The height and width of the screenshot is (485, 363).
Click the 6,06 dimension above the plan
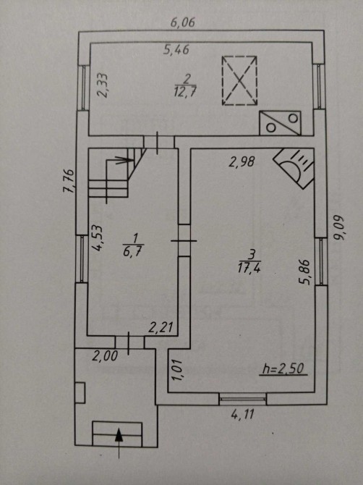click(183, 22)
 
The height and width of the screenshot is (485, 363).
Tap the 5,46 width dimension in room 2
click(176, 50)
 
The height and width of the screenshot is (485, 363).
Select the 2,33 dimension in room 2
click(102, 85)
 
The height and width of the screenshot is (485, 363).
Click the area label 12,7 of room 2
click(185, 92)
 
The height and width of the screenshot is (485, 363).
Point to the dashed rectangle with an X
click(240, 81)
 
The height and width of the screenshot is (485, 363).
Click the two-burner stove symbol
click(281, 123)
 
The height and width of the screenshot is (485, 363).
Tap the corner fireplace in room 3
click(295, 167)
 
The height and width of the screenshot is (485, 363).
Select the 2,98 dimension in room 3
click(242, 161)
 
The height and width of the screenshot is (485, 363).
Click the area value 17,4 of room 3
click(249, 268)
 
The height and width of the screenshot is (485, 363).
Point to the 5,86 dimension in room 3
click(304, 272)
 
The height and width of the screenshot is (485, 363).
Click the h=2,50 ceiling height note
click(283, 369)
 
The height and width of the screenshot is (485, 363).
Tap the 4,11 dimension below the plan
click(243, 414)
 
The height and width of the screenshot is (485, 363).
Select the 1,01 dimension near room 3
click(177, 370)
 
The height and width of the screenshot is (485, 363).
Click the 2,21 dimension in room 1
click(161, 328)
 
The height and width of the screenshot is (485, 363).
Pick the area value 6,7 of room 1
click(132, 251)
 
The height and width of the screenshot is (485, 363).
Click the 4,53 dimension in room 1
click(98, 237)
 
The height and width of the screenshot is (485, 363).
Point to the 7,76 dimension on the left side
click(69, 181)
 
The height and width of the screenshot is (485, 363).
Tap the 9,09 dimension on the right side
click(339, 227)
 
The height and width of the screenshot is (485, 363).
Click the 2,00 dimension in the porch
click(105, 356)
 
